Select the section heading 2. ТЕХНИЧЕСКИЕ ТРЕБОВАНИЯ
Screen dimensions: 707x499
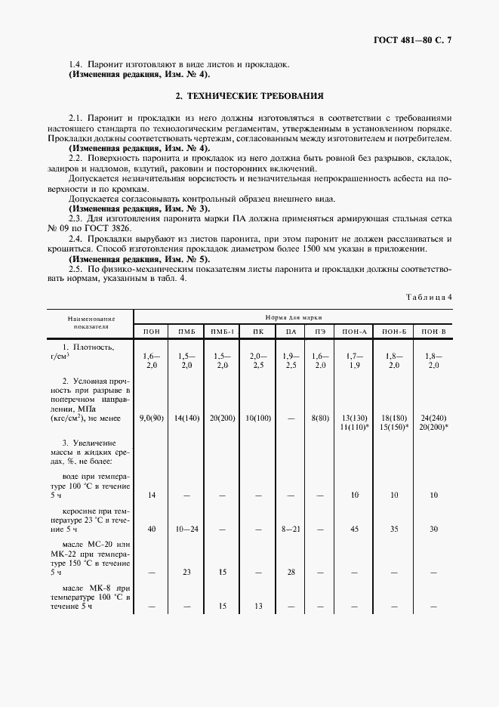(x=249, y=97)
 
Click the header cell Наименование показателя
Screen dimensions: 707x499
(x=91, y=324)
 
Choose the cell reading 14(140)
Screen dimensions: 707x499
(x=186, y=417)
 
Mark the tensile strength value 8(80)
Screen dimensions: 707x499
(x=320, y=417)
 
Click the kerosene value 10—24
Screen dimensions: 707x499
(x=186, y=529)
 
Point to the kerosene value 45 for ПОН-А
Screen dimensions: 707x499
(x=355, y=529)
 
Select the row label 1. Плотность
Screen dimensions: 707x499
(x=88, y=347)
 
